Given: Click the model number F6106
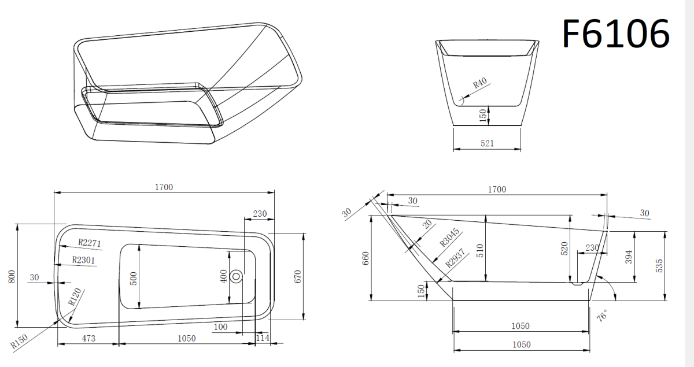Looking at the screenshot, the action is (615, 34).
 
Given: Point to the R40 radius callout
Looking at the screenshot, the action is (480, 83).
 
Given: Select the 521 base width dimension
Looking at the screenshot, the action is (487, 143).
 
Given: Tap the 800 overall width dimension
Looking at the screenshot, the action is (12, 277).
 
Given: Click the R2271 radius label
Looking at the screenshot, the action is (90, 243).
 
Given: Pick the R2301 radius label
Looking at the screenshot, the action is (83, 260).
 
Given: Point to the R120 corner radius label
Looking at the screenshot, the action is (75, 297).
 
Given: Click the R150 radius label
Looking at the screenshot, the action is (19, 342).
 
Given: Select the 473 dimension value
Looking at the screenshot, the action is (88, 339).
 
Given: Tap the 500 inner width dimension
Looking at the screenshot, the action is (133, 279).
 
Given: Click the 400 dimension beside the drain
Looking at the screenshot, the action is (223, 276).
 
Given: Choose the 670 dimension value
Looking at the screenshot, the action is (297, 277).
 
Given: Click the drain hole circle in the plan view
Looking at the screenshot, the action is (237, 276).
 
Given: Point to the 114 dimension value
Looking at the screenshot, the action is (263, 338).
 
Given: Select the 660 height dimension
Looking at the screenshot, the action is (366, 258).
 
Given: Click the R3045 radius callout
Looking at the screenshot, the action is (450, 238).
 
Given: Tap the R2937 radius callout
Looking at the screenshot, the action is (456, 258).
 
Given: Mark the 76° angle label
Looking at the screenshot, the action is (602, 316).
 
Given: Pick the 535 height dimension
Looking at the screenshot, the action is (659, 266).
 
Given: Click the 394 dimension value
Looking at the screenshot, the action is (629, 257).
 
